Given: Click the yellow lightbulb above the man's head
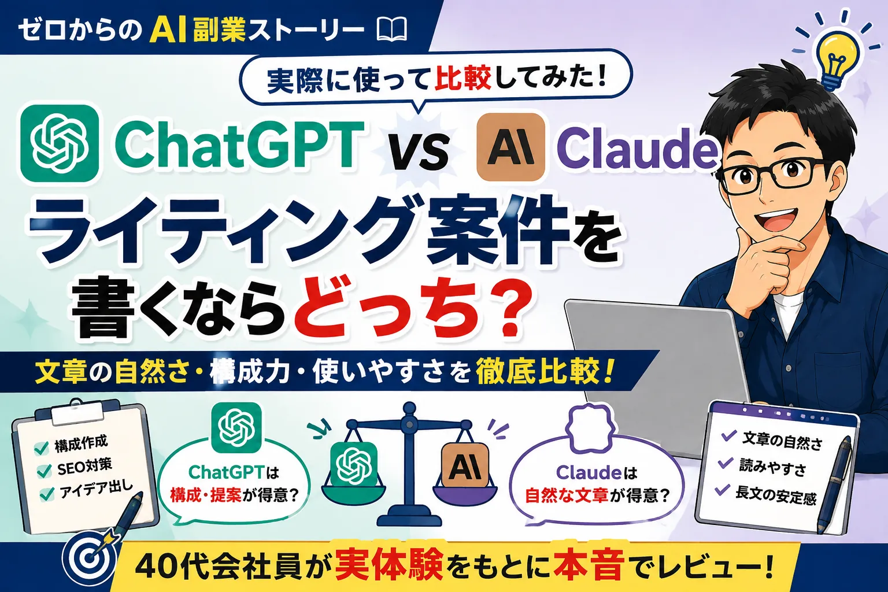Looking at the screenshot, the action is click(838, 59).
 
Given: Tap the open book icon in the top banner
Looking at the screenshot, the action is click(391, 29).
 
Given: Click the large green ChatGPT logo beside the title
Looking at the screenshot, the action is click(60, 143).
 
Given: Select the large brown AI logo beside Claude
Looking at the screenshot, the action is click(510, 147).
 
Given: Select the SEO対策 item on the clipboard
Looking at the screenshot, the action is click(84, 468).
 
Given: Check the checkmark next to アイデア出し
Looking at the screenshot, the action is click(47, 494).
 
